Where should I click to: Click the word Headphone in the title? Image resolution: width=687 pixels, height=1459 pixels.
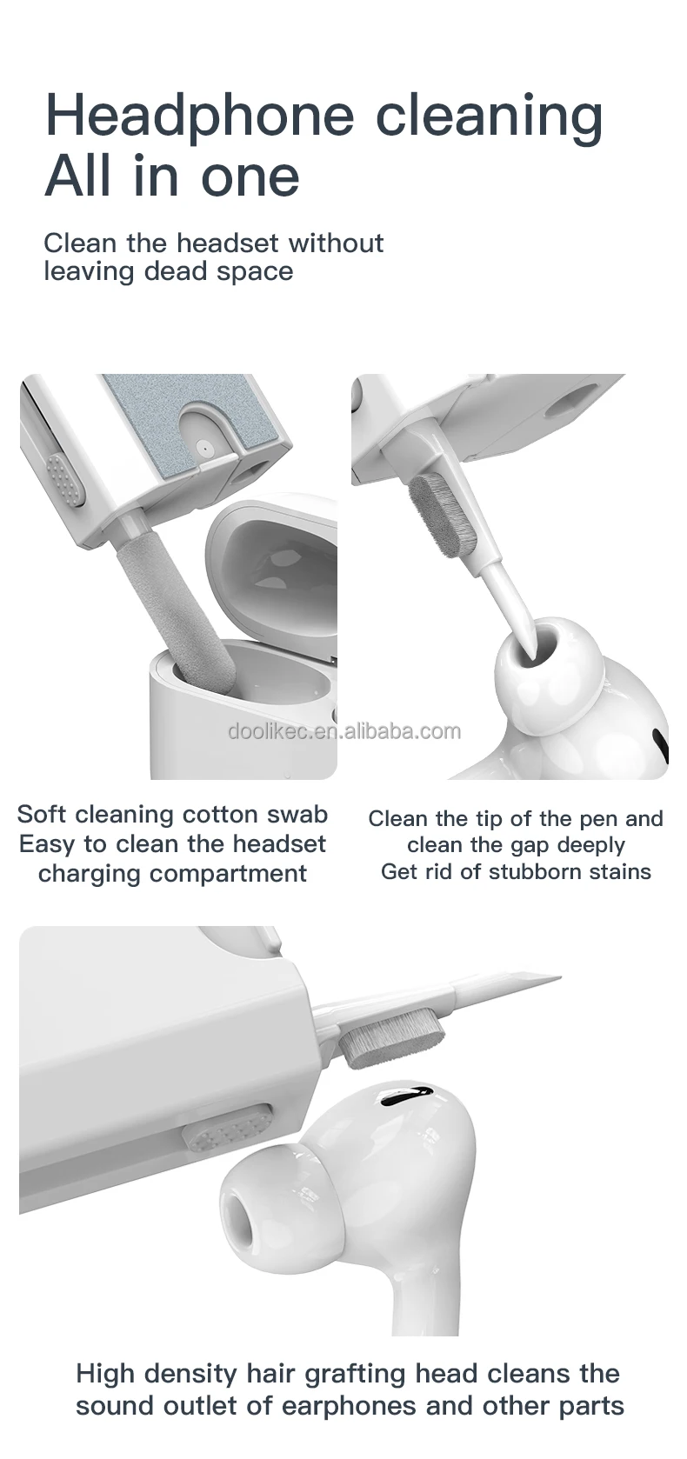click(199, 116)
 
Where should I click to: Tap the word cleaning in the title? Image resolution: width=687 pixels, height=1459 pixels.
click(490, 116)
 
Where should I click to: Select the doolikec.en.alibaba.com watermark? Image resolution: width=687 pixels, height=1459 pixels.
click(344, 730)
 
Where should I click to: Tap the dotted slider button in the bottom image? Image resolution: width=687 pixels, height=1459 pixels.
click(227, 1129)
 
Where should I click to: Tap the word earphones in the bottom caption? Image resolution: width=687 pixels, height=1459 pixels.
click(373, 1405)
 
